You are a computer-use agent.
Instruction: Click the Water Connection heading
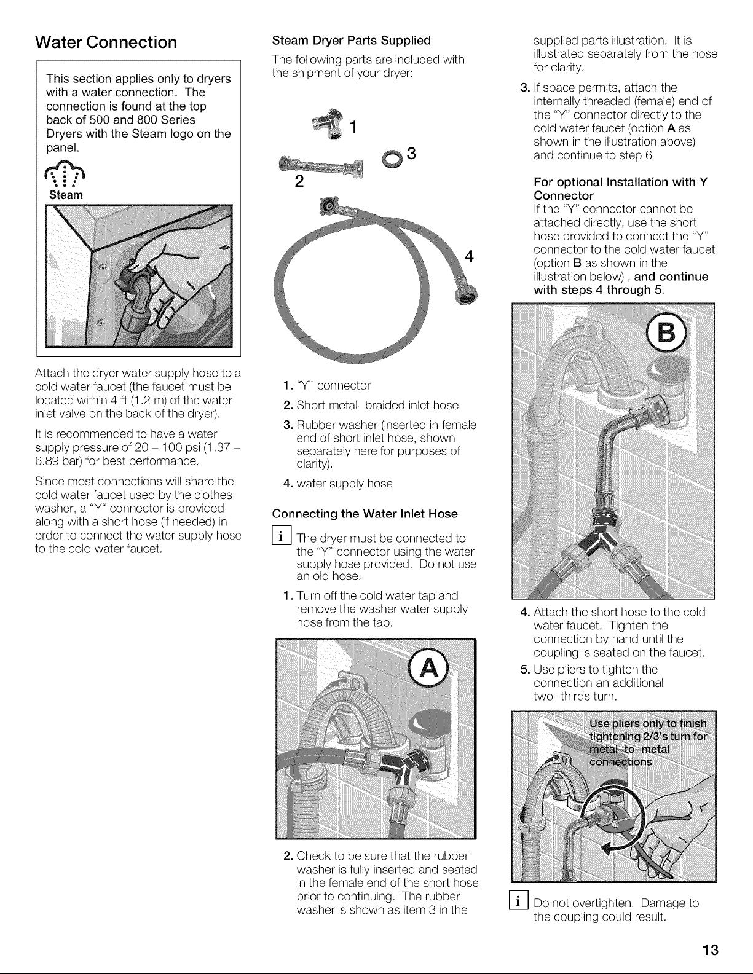coord(106,42)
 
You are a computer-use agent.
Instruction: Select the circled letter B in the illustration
coord(666,334)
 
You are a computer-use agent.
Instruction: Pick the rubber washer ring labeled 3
coord(392,160)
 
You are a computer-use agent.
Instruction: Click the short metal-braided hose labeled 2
coord(320,167)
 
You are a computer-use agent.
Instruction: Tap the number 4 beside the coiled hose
coord(469,256)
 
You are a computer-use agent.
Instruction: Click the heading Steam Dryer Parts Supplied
coord(352,41)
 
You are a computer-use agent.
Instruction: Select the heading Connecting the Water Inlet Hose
coord(365,514)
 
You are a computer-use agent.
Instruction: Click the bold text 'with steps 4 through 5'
coord(598,290)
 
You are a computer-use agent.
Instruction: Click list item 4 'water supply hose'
coord(338,483)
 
